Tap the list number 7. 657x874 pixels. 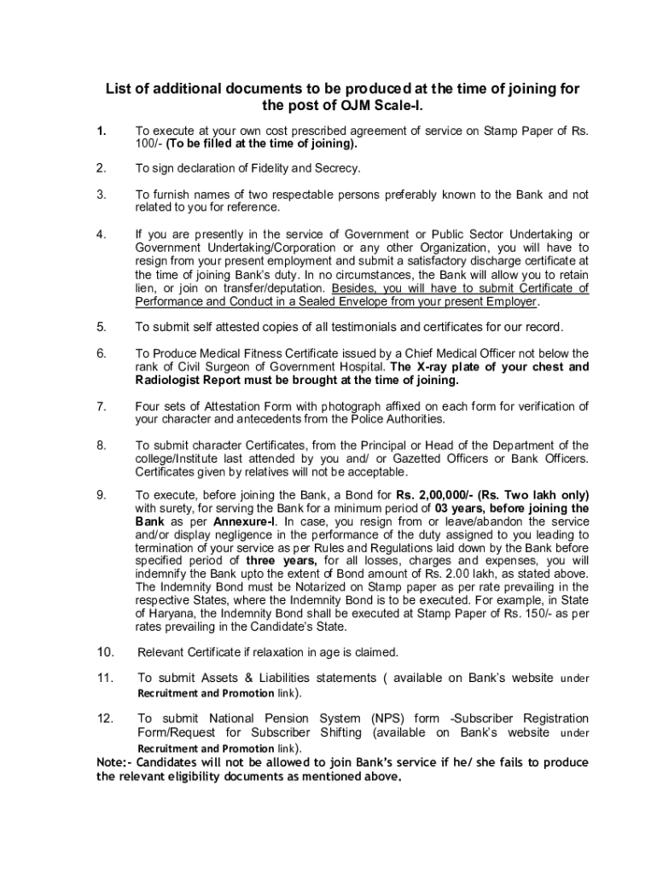[101, 405]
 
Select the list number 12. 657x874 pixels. [105, 719]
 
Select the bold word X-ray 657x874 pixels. [439, 367]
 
